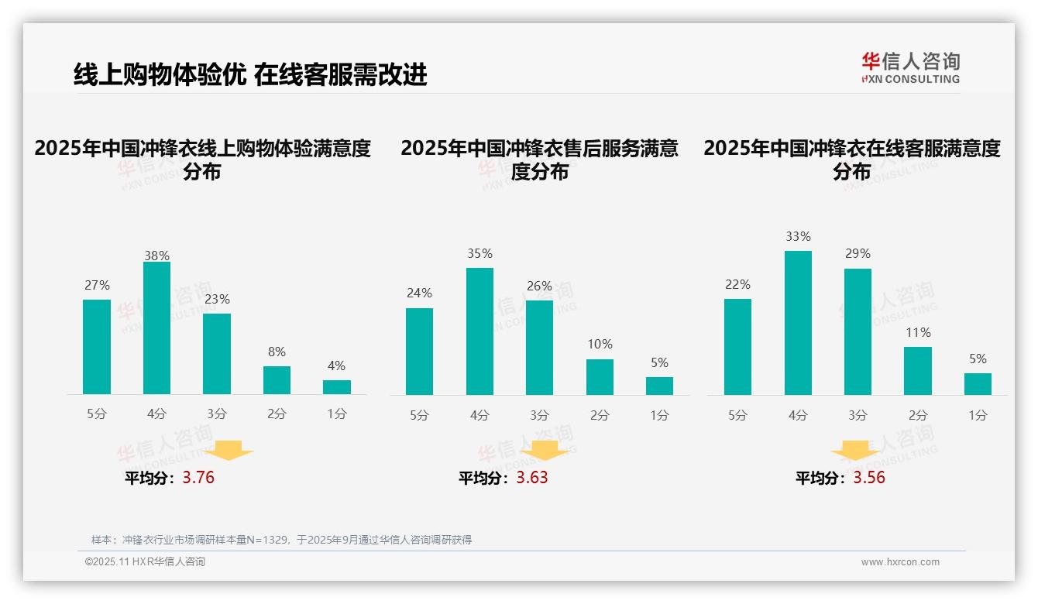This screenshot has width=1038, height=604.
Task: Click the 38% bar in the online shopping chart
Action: coord(156,328)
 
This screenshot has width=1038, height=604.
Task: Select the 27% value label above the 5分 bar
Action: coord(97,285)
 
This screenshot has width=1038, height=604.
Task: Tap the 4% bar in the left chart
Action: coord(337,387)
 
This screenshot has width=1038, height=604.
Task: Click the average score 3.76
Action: coord(198,478)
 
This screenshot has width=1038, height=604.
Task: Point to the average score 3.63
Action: coord(532,478)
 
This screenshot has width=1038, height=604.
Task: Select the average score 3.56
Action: coord(869,478)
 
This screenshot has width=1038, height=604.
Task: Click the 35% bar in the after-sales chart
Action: coord(479,331)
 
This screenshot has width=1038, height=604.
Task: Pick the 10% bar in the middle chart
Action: coord(600,377)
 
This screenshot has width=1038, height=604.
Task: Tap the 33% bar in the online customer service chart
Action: coord(798,323)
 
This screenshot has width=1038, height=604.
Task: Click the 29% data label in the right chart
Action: coord(858,253)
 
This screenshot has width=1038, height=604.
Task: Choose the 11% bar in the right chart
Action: coord(918,371)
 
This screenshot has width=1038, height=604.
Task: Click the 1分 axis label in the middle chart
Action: coord(659,415)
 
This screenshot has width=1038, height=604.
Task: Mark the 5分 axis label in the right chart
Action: coord(737,415)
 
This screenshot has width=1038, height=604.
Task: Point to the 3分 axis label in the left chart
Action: coord(217,414)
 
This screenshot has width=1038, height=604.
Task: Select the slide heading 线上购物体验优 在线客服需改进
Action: coord(250,74)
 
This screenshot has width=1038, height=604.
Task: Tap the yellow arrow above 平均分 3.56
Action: coord(855,451)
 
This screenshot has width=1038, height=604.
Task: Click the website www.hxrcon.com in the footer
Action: coord(899,562)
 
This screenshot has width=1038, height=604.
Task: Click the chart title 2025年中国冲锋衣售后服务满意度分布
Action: coord(539,160)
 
